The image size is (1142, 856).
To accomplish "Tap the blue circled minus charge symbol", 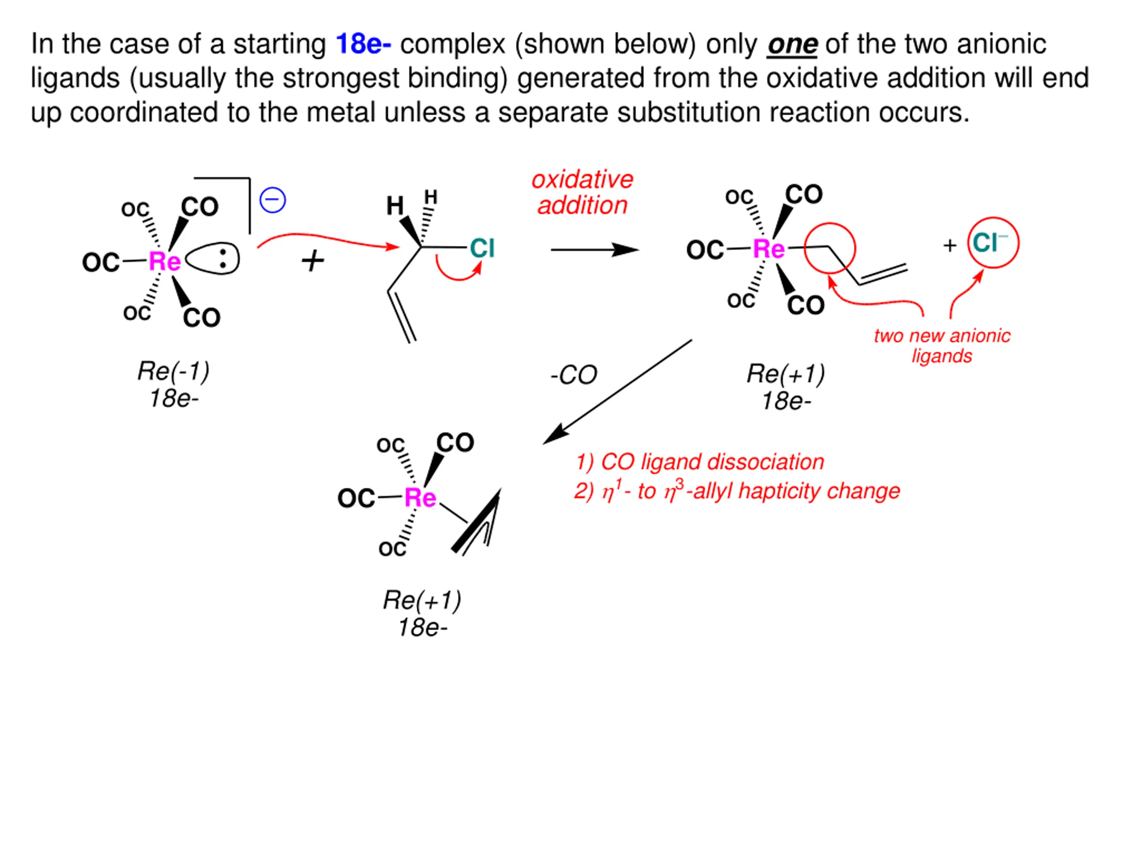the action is coord(273,200).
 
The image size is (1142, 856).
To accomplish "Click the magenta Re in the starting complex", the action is coord(165,262).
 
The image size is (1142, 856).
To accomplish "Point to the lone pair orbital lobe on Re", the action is coord(212,259).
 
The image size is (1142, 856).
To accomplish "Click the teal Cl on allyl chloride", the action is coord(482,248).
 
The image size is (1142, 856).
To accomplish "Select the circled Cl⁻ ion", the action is coord(992,243).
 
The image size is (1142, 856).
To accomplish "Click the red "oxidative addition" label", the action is coord(582,193).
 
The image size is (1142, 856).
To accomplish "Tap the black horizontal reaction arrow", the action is coord(594,250).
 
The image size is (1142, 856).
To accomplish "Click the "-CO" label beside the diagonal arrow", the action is coord(574,375).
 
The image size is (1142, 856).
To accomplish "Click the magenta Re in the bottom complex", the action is coord(420,498).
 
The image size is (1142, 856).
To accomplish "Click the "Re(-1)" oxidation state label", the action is coord(174,371).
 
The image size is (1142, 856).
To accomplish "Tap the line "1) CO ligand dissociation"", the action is coord(699,462).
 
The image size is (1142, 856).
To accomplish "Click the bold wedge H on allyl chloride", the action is coord(396,206).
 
